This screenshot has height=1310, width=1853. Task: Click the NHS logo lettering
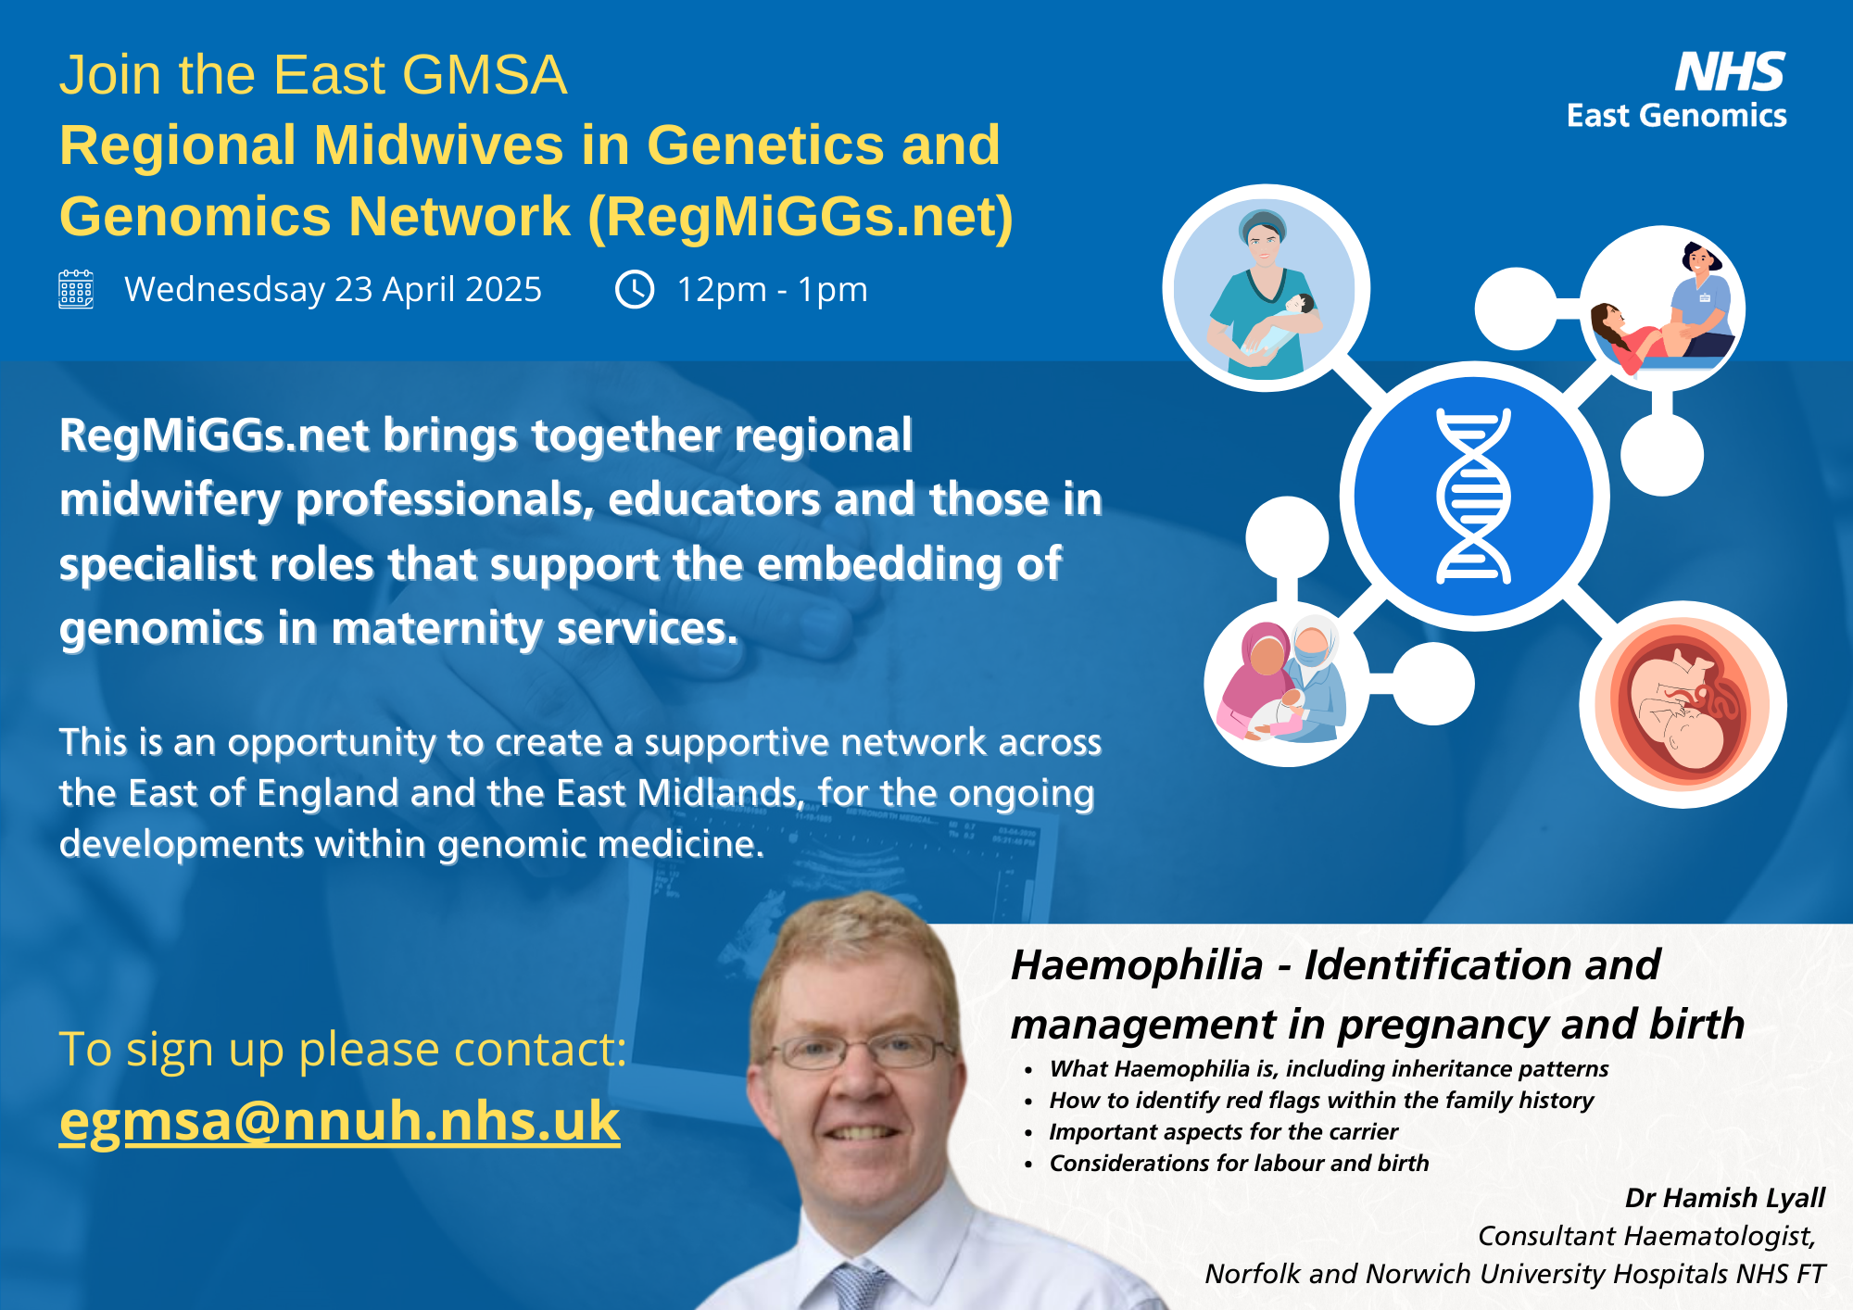tap(1729, 72)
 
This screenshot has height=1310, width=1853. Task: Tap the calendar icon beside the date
tap(76, 289)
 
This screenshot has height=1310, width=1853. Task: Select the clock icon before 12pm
tap(635, 289)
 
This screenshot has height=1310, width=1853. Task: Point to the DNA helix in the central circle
tap(1473, 496)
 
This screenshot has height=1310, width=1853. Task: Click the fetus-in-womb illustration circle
tap(1683, 704)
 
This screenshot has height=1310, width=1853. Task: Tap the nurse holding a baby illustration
tap(1266, 288)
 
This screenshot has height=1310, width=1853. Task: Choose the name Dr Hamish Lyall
tap(1724, 1198)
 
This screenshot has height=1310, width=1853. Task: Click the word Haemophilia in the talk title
tap(1137, 965)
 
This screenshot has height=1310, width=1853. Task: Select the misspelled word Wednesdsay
tap(225, 290)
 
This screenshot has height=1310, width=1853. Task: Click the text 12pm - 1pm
tap(772, 290)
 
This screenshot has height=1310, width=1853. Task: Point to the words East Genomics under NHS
tap(1676, 116)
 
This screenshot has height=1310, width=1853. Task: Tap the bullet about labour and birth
tap(1239, 1164)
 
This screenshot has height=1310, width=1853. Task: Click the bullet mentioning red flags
tap(1321, 1101)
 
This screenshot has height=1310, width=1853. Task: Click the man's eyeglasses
tap(861, 1051)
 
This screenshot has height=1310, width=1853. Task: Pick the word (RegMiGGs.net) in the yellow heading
tap(800, 217)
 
